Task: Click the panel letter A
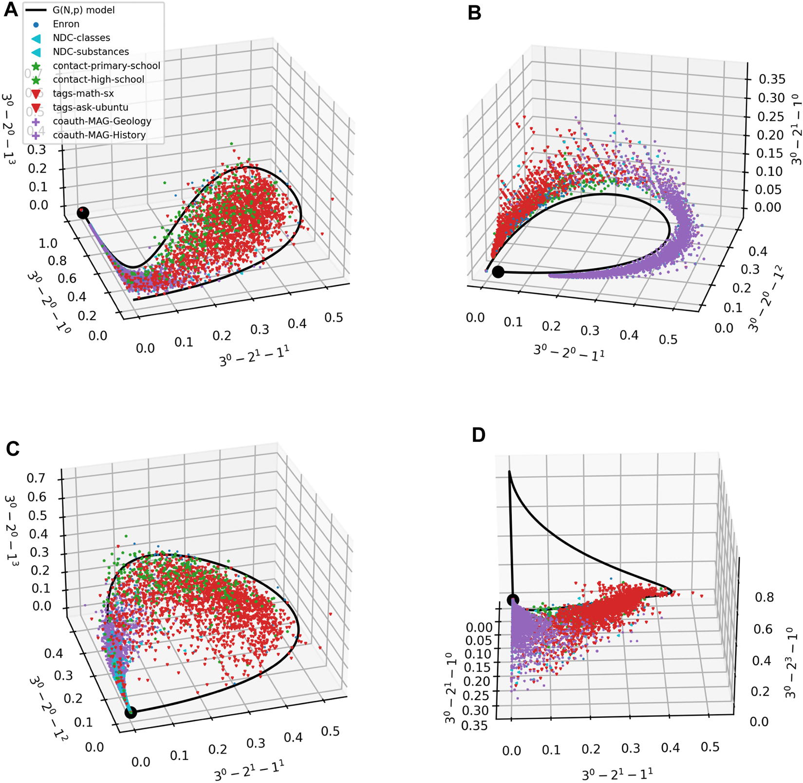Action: (x=10, y=9)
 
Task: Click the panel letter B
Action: (x=474, y=13)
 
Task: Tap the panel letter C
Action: (x=13, y=448)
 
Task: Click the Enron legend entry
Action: (x=66, y=24)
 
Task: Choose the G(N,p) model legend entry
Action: (x=83, y=10)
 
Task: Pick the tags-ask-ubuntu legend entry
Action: (x=90, y=107)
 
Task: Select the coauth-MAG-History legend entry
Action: (x=99, y=135)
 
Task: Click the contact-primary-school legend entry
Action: (x=106, y=65)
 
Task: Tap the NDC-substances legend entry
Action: (x=91, y=52)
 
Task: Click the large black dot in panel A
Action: (x=83, y=212)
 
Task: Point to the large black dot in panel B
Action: (x=498, y=272)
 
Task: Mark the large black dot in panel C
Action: (x=131, y=713)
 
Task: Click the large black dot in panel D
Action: (x=513, y=600)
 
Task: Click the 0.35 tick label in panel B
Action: (x=772, y=79)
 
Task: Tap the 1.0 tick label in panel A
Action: (x=48, y=243)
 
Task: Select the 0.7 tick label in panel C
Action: (x=36, y=478)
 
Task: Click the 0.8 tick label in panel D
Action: (x=764, y=597)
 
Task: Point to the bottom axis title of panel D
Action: (x=616, y=774)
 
